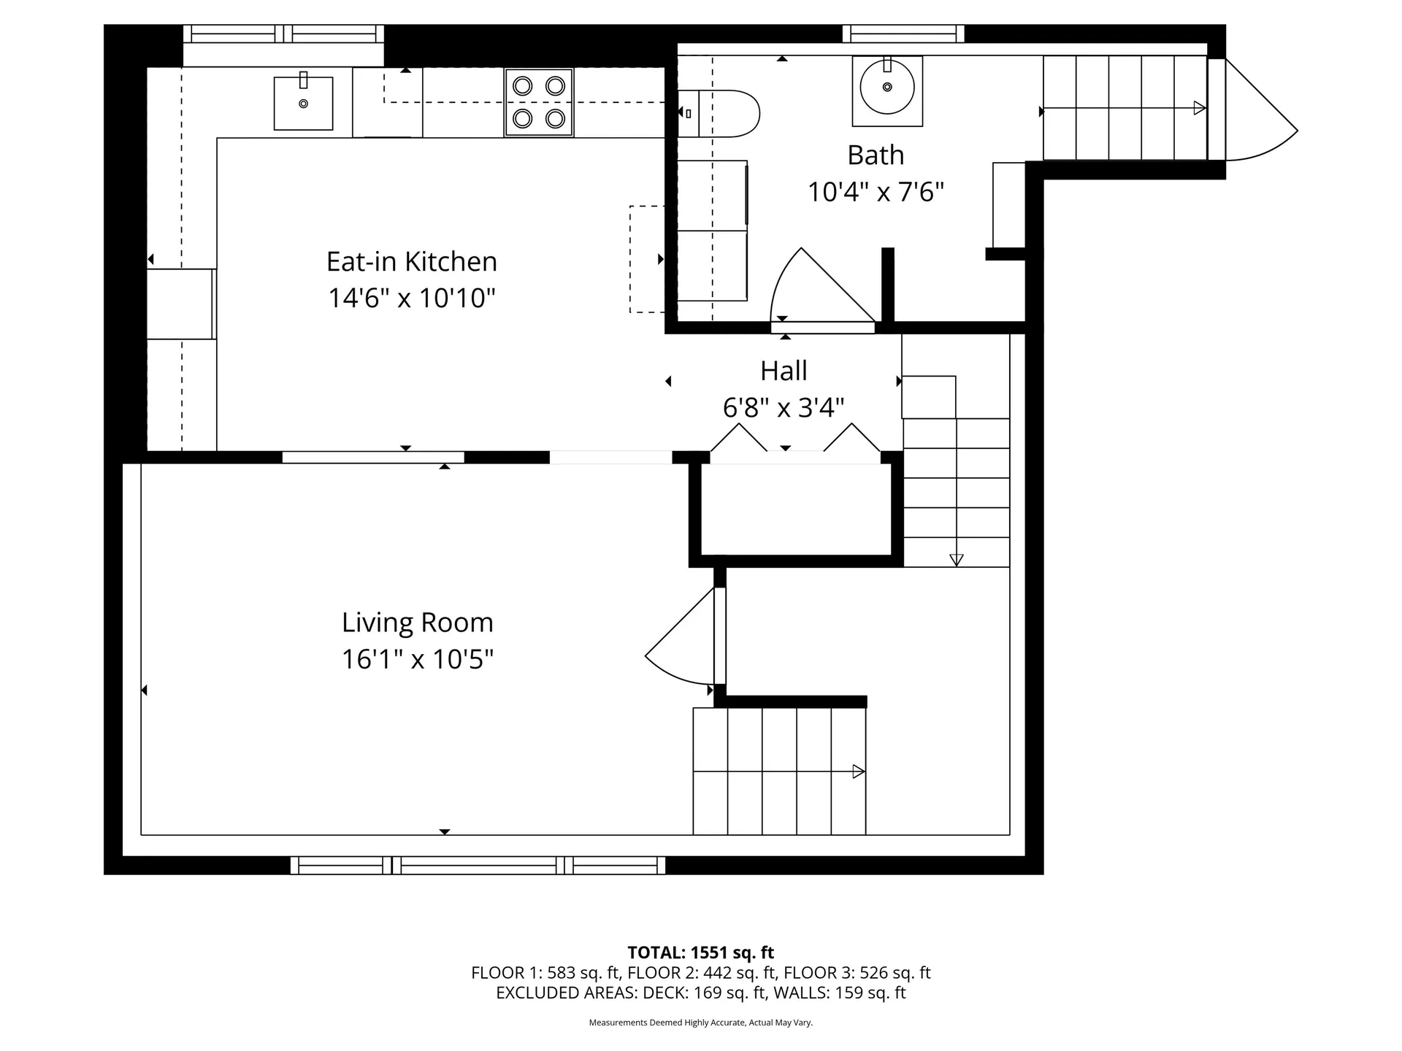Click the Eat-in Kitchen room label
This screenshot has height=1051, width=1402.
click(411, 261)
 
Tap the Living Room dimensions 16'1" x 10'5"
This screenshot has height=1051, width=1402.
click(418, 659)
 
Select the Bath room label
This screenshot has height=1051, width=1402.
click(876, 155)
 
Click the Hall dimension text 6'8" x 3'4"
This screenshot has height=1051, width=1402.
click(784, 407)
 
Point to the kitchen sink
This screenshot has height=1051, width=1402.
click(303, 103)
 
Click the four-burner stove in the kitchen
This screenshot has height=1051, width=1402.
click(539, 102)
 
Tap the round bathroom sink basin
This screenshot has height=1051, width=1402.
click(887, 88)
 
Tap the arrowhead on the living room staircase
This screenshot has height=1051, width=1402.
click(859, 771)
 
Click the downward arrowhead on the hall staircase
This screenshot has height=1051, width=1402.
click(956, 560)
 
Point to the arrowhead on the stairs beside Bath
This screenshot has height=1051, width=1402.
click(1199, 108)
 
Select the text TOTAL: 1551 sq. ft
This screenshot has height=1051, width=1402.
click(700, 952)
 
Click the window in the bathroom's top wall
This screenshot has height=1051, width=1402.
click(903, 34)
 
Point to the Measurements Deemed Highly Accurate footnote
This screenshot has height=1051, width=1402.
click(700, 1023)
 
